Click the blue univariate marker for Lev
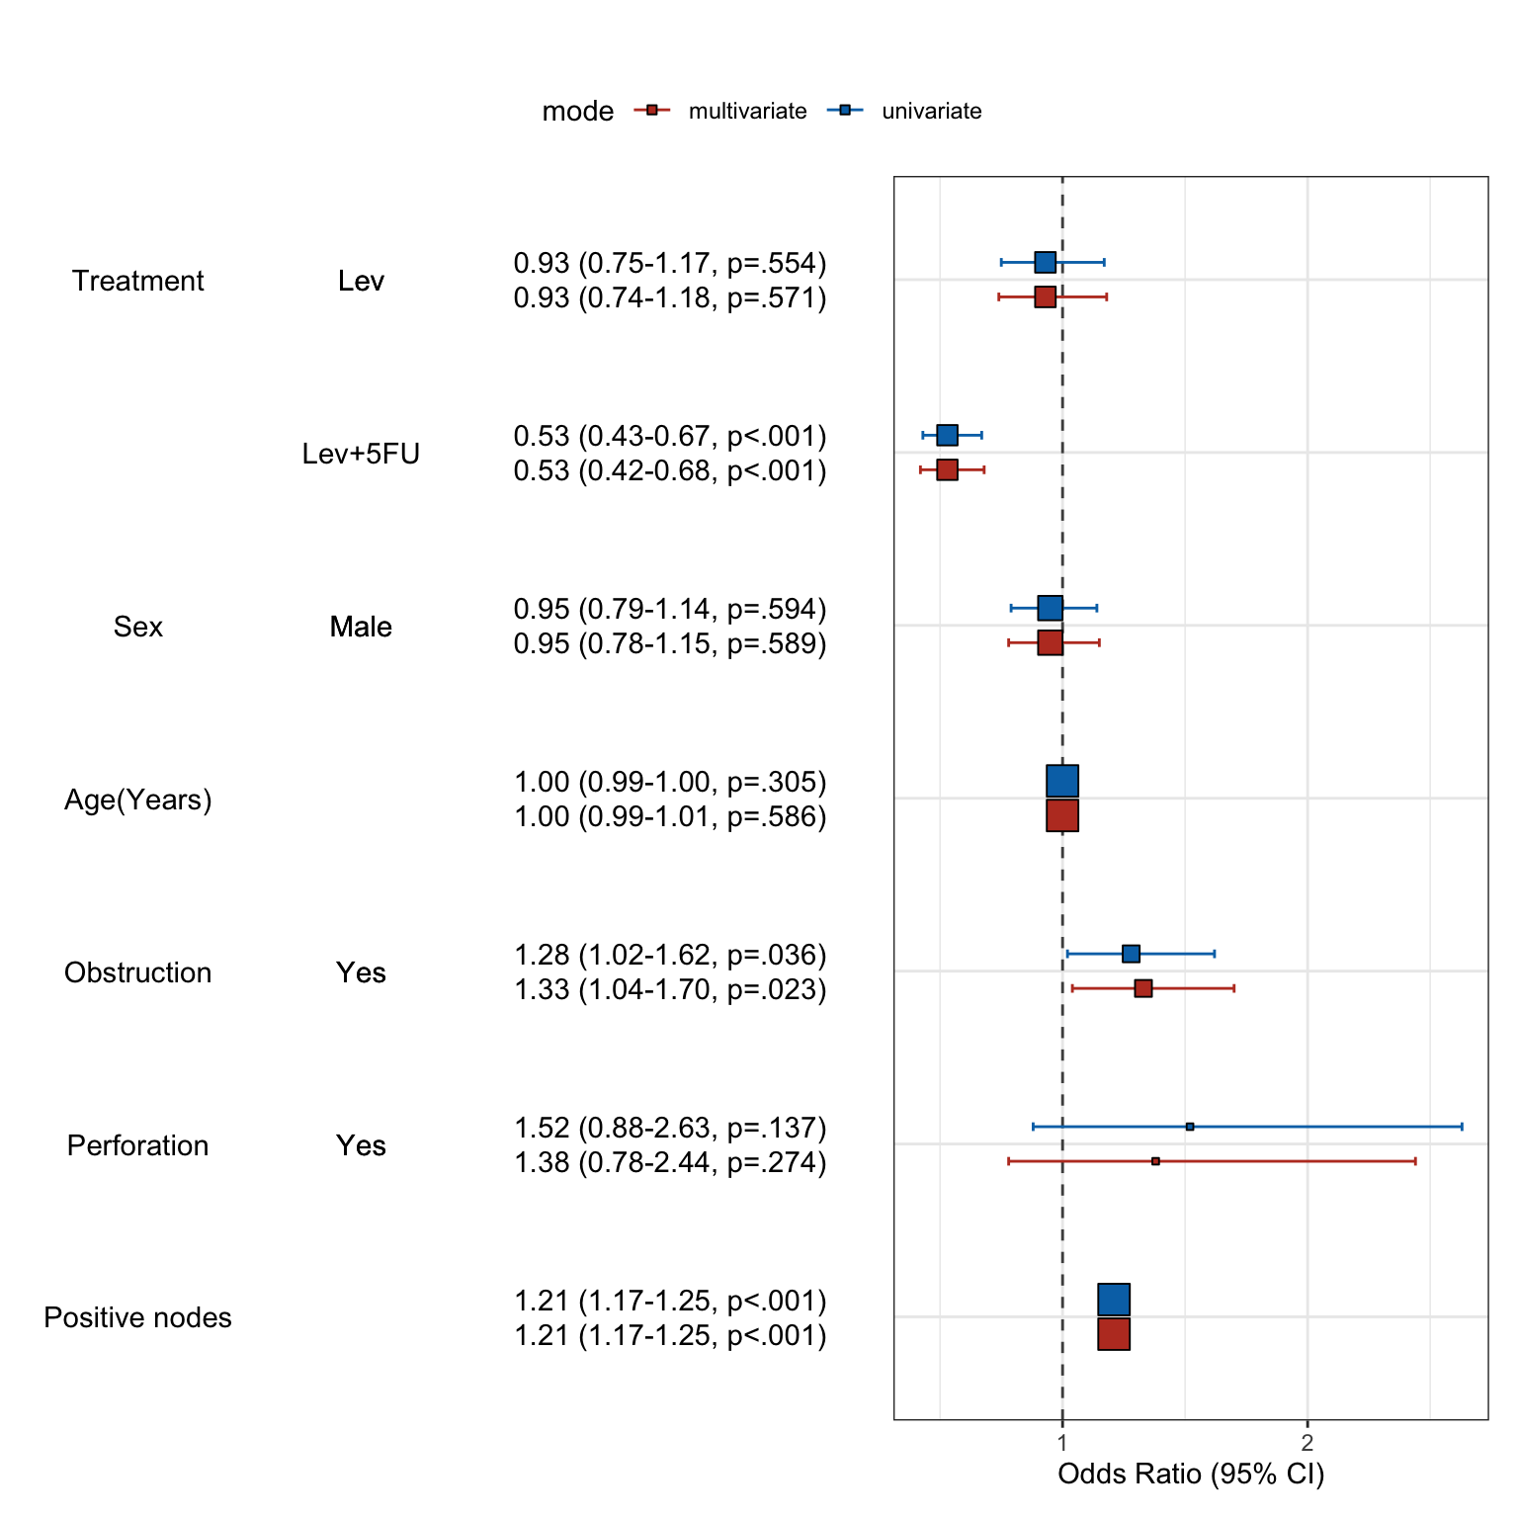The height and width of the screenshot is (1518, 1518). point(1045,262)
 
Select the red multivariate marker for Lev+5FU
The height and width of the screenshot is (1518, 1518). point(947,469)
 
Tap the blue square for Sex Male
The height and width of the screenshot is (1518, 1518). point(1050,608)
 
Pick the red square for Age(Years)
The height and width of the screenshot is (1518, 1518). point(1062,815)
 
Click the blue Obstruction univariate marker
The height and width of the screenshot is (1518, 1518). point(1131,954)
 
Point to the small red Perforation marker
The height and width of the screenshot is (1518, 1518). point(1155,1161)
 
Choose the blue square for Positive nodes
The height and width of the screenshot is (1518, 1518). point(1114,1300)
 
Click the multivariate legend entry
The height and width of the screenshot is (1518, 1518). point(746,111)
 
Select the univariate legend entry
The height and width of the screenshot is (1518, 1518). point(931,111)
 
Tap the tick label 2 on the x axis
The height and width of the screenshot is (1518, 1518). point(1307,1443)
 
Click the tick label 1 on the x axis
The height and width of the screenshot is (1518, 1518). point(1062,1443)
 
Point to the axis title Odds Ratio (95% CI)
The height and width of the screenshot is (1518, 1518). point(1191,1475)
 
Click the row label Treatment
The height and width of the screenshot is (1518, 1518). point(137,281)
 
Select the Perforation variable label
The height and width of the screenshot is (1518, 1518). point(137,1145)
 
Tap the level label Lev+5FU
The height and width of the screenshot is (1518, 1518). point(361,454)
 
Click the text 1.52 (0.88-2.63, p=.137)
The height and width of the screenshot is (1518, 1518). point(670,1128)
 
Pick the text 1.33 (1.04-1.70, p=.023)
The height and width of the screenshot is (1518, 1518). point(670,989)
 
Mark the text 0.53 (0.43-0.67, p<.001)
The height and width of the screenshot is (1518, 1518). point(670,436)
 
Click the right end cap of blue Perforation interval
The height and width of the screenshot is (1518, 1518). point(1462,1127)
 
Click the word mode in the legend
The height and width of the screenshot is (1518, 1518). point(577,112)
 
